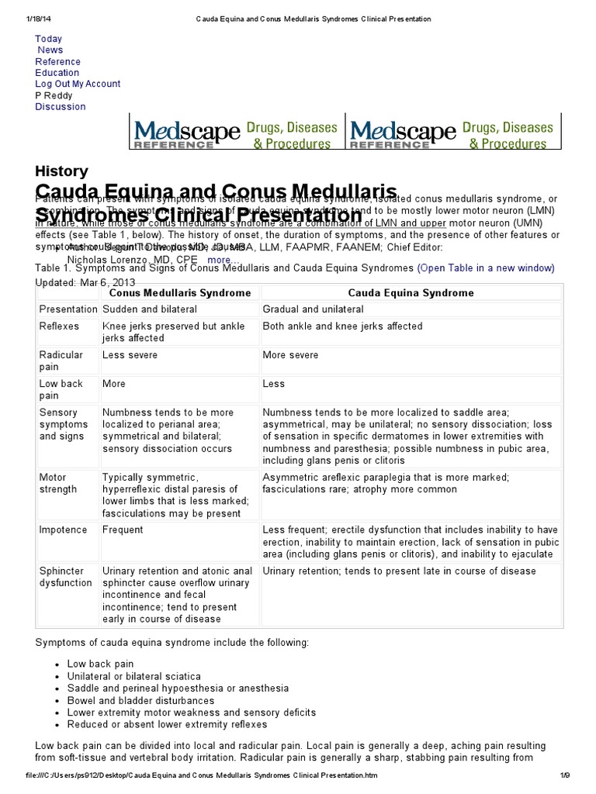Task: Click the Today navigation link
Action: tap(48, 39)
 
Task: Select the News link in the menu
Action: tap(50, 50)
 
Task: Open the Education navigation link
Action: tap(57, 73)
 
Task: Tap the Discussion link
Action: tap(60, 107)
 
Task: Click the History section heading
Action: tap(61, 171)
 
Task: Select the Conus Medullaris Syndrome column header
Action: tap(179, 293)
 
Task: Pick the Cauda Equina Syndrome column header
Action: tap(411, 293)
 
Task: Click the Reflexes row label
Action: tap(59, 326)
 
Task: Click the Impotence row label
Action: tap(63, 530)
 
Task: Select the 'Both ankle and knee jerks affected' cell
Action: tap(342, 326)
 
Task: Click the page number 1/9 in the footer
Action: tap(565, 775)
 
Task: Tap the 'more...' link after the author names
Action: tap(223, 259)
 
